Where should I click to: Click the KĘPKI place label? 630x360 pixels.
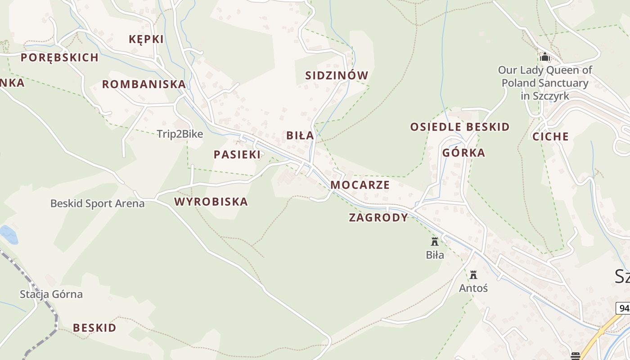(146, 39)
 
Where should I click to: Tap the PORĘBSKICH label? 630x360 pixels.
(59, 58)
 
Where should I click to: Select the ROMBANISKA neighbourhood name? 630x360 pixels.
(144, 84)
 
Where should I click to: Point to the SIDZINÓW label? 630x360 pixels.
(337, 76)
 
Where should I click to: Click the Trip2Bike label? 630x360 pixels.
(180, 134)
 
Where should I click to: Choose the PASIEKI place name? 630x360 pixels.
(237, 155)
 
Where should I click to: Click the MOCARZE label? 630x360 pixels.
(360, 185)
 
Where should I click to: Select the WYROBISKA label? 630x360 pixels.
(211, 202)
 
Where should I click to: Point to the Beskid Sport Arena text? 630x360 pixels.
(98, 204)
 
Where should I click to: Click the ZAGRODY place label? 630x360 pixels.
(378, 218)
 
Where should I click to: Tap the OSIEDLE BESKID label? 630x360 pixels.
(459, 127)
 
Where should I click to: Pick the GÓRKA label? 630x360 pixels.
(463, 153)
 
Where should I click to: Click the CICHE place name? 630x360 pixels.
(550, 137)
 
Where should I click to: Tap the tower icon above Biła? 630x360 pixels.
(435, 242)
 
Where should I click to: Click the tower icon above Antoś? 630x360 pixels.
(473, 274)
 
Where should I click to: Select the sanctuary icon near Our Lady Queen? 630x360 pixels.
(545, 57)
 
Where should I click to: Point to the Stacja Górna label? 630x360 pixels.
(51, 295)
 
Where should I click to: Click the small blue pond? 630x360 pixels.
(8, 234)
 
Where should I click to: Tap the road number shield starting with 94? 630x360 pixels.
(624, 308)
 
